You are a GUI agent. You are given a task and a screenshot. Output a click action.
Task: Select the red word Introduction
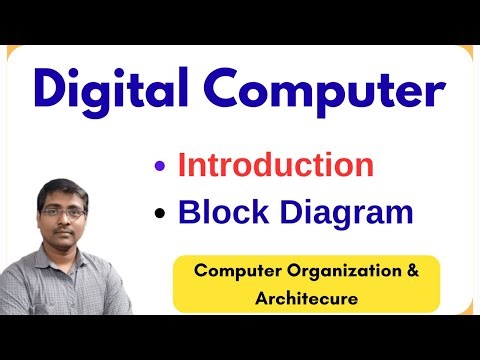tap(276, 164)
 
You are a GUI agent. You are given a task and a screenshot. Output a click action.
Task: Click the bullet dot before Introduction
tap(160, 166)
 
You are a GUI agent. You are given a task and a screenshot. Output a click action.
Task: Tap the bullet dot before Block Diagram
tap(160, 213)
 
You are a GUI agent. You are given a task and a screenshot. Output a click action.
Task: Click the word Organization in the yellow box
tap(334, 270)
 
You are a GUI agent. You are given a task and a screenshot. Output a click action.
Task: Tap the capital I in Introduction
tap(182, 164)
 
